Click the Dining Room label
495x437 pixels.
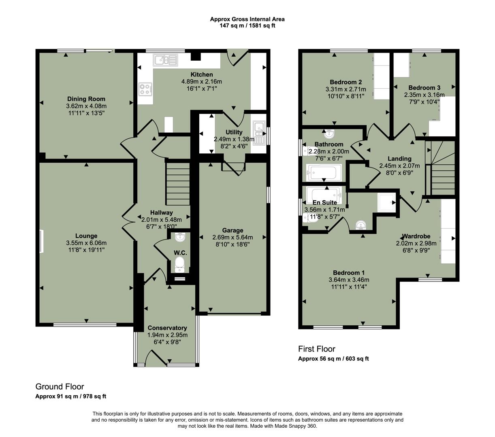tap(86, 99)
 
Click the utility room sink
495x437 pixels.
tap(258, 134)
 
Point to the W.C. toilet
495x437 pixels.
tap(180, 265)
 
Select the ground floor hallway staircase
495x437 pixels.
tap(177, 184)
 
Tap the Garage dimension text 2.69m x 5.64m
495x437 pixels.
tap(233, 238)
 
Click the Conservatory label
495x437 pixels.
tap(167, 328)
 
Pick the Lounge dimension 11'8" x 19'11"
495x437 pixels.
tap(86, 250)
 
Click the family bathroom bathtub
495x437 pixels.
tap(324, 172)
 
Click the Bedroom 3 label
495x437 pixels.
tap(424, 88)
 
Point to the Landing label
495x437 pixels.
tap(399, 159)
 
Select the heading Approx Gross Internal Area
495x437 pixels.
tap(247, 19)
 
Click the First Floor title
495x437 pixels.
tap(317, 349)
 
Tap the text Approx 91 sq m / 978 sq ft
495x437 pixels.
tap(71, 397)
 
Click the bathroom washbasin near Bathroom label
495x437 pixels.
tap(329, 134)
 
